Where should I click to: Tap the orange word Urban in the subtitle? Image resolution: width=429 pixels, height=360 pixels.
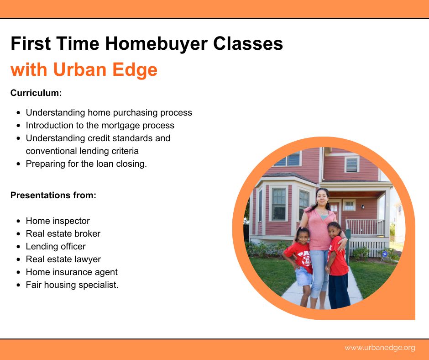click(79, 69)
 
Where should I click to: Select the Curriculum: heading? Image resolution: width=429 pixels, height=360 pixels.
click(36, 93)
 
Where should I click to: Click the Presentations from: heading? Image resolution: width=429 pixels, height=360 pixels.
click(53, 195)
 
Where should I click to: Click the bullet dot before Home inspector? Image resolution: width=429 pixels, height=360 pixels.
click(18, 221)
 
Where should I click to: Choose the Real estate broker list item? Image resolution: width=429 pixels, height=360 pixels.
click(63, 234)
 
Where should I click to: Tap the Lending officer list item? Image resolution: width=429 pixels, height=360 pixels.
click(56, 247)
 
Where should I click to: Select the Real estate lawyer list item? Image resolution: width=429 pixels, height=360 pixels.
click(63, 259)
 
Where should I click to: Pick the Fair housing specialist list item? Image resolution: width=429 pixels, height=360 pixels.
click(72, 285)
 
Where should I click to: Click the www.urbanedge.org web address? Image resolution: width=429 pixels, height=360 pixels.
click(380, 348)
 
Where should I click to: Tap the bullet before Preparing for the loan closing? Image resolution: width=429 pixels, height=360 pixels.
click(18, 164)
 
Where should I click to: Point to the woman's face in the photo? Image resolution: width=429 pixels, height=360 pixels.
click(322, 198)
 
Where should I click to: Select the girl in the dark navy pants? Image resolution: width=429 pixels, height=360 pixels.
click(337, 265)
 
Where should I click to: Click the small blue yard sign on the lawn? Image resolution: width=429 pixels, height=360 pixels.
click(384, 254)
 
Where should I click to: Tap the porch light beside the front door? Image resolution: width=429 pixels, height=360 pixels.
click(363, 207)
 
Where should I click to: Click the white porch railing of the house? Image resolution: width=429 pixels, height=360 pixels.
click(365, 228)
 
